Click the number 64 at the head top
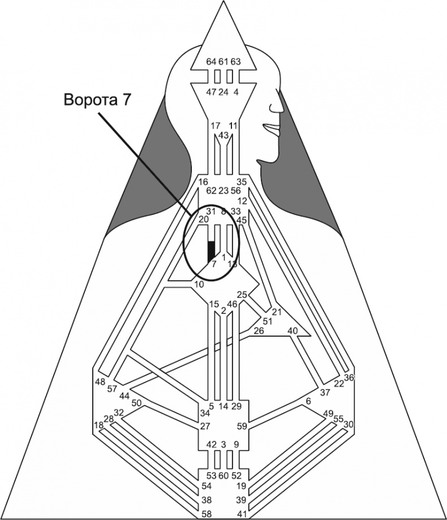pos(211,62)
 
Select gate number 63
pos(236,62)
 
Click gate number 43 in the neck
pos(223,136)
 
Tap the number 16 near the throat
pos(204,182)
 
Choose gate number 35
pos(242,182)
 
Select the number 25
pos(242,295)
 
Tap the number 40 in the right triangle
pos(293,330)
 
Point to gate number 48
pos(100,381)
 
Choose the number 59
pos(242,426)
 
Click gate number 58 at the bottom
pos(208,514)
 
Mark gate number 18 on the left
pos(98,426)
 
